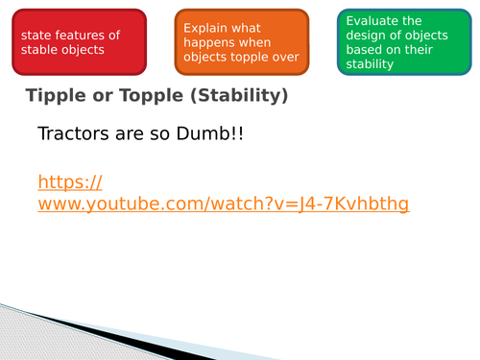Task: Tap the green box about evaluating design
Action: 397,41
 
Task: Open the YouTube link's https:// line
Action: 70,181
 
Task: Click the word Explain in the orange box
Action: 205,26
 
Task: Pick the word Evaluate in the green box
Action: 372,20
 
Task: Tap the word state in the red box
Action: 35,36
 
